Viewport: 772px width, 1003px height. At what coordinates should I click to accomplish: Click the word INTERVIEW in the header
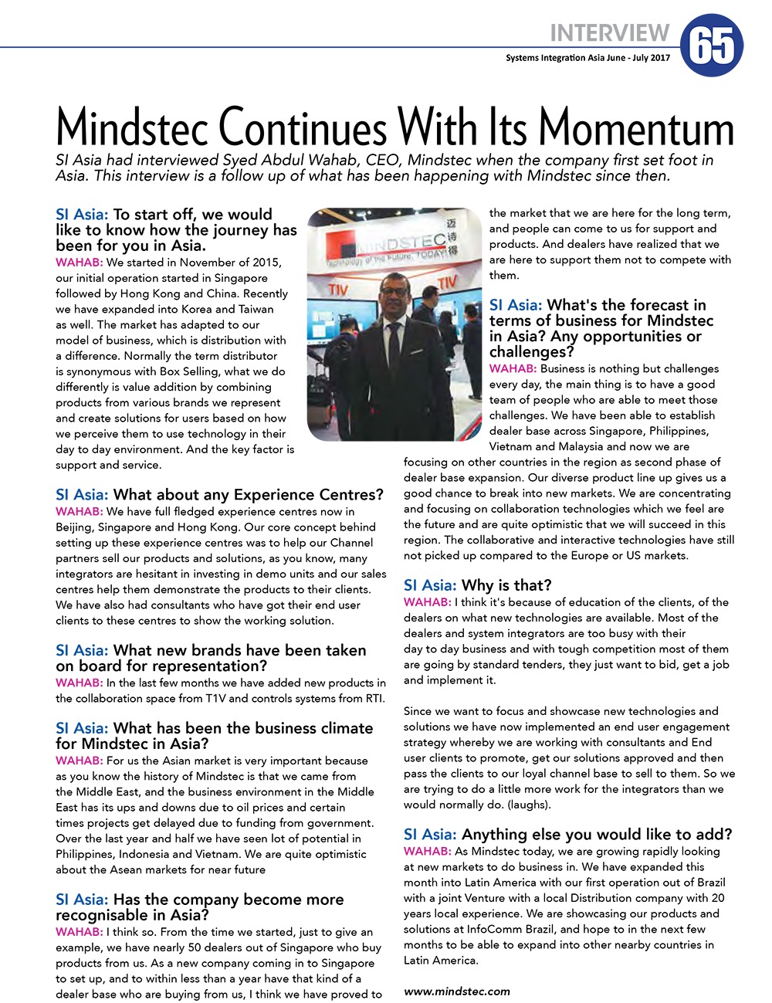(610, 32)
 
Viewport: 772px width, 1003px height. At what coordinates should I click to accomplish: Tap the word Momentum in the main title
(637, 127)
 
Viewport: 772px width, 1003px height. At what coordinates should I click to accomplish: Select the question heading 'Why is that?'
(506, 585)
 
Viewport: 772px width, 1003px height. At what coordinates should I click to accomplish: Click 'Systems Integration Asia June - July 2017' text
(587, 58)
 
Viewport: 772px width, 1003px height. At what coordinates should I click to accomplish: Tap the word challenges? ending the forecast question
(532, 352)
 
